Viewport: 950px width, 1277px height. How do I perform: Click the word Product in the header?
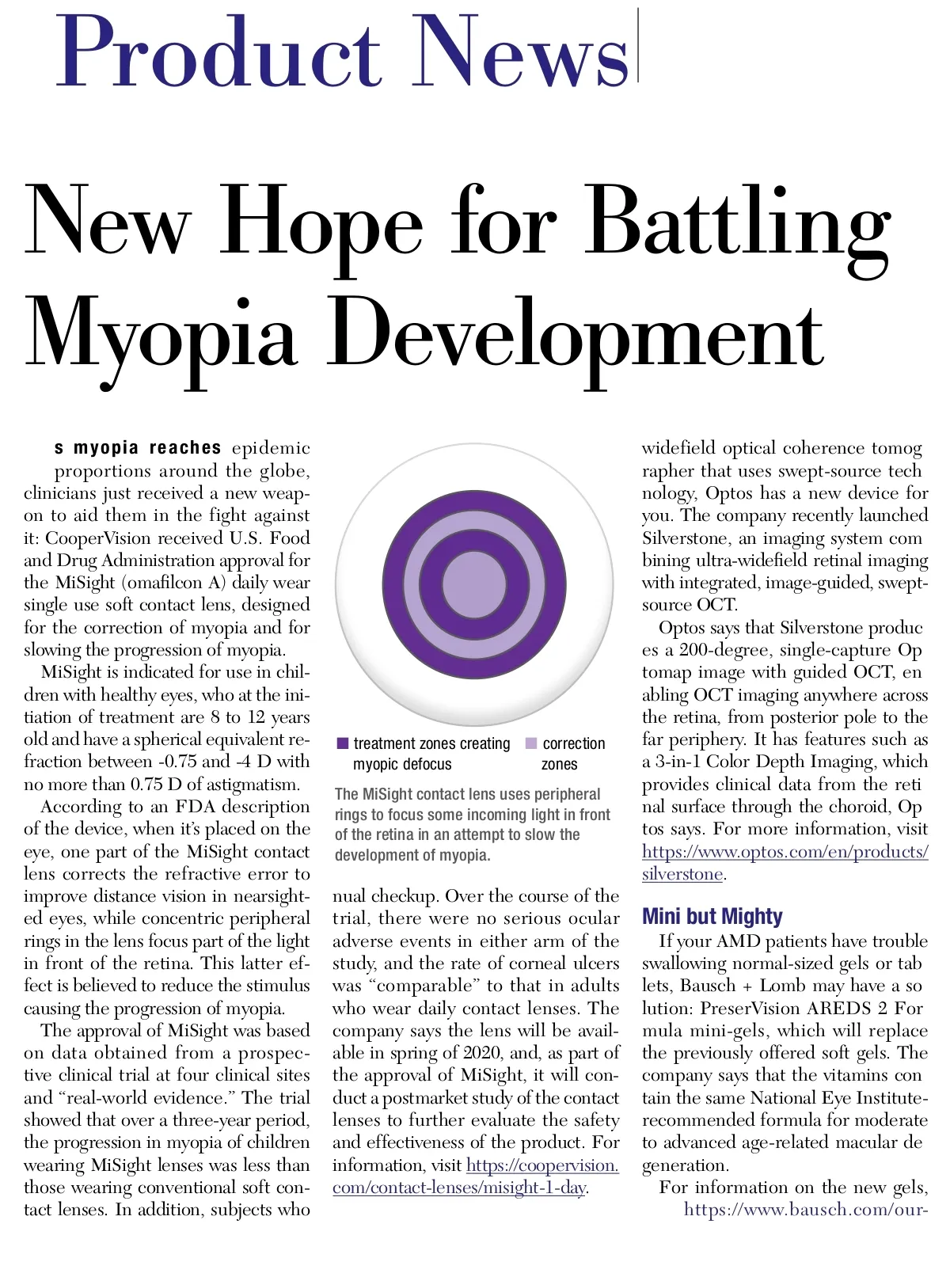pyautogui.click(x=218, y=52)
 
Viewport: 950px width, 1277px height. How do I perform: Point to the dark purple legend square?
pyautogui.click(x=343, y=743)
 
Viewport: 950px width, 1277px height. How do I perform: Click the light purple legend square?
pyautogui.click(x=531, y=743)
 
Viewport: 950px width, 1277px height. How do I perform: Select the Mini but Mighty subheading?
pyautogui.click(x=712, y=917)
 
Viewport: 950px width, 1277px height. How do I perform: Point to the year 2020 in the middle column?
pyautogui.click(x=482, y=1053)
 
